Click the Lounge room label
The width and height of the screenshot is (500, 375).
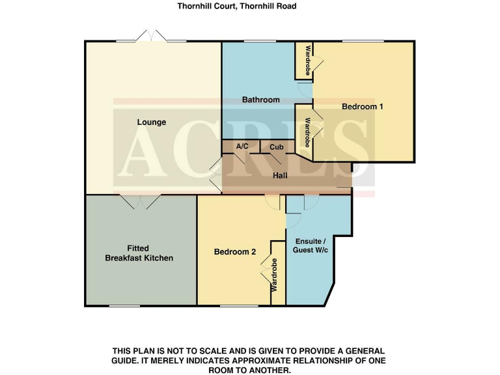click(x=151, y=122)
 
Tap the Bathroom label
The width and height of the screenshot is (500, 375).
click(x=260, y=100)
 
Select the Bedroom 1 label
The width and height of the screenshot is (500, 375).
click(x=362, y=106)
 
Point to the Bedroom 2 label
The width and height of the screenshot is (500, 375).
click(x=235, y=252)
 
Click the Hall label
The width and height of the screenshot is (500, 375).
click(x=281, y=175)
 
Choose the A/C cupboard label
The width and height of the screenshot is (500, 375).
click(x=242, y=146)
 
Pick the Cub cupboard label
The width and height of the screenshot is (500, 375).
click(x=276, y=146)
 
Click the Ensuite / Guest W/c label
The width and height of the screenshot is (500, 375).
click(x=310, y=247)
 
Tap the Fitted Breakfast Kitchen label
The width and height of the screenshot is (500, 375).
click(x=139, y=253)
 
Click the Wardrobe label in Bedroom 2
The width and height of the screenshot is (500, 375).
click(x=275, y=274)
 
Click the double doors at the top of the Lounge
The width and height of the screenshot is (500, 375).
click(x=151, y=36)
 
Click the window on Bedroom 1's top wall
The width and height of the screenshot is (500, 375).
click(x=363, y=42)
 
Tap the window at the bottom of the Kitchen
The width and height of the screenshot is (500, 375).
click(x=124, y=305)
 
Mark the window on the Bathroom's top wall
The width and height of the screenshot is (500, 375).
click(x=258, y=42)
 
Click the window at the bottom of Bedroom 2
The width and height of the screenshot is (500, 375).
click(x=233, y=305)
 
